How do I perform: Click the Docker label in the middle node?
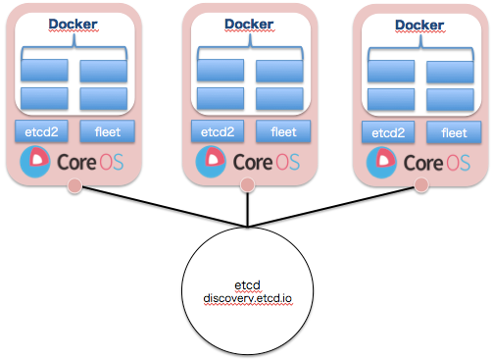(248, 24)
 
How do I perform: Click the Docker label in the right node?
(419, 24)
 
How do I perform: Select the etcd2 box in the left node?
(40, 131)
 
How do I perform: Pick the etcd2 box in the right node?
(388, 131)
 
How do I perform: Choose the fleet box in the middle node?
(279, 131)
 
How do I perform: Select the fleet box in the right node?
(454, 131)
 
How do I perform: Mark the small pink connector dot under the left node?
(74, 186)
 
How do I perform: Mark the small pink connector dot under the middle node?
(248, 185)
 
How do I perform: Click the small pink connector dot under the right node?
(421, 184)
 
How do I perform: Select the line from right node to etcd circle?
(338, 205)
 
